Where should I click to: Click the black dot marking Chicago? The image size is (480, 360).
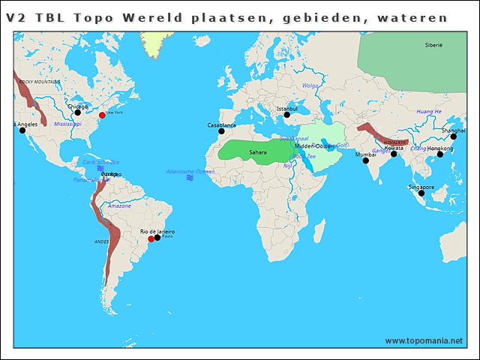click(77, 112)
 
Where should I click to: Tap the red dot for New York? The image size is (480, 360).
click(102, 115)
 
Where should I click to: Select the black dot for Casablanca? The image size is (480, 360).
click(221, 131)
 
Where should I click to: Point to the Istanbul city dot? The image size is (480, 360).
click(286, 115)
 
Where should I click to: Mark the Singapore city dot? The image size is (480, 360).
click(421, 193)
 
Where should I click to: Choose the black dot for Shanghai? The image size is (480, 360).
click(453, 136)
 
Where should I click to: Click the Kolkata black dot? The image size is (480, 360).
click(394, 154)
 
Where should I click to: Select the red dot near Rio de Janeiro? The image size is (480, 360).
click(151, 238)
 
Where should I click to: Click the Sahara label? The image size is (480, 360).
click(257, 152)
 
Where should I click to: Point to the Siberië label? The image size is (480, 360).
click(433, 46)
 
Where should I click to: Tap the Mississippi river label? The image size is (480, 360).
click(67, 124)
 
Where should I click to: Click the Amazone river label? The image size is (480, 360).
click(119, 205)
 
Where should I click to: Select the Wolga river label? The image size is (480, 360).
click(310, 85)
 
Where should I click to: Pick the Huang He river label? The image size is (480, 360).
click(429, 112)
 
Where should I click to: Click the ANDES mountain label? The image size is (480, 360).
click(101, 241)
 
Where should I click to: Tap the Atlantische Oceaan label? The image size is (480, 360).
click(190, 172)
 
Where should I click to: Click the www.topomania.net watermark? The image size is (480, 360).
click(424, 340)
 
